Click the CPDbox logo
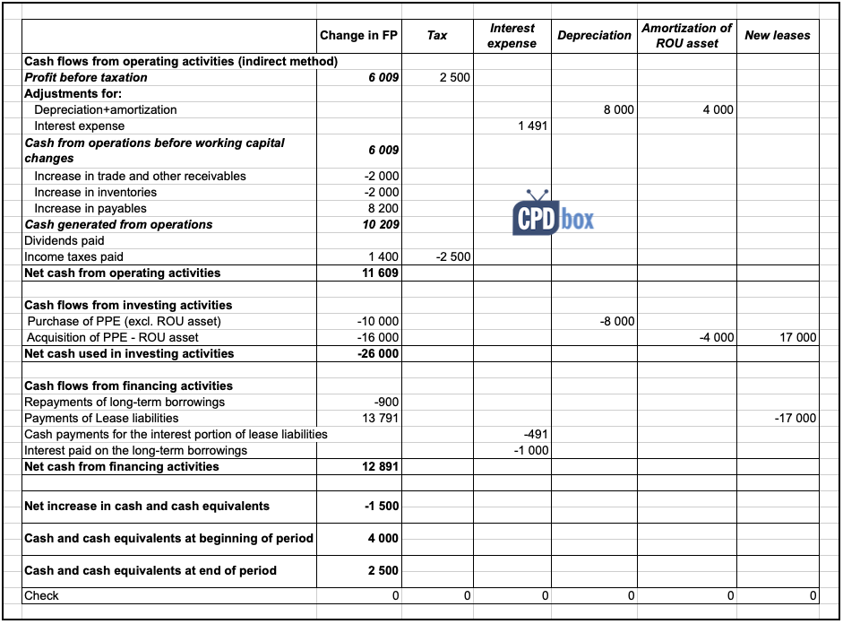[x=553, y=214]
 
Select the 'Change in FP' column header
[x=358, y=36]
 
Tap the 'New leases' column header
[x=777, y=36]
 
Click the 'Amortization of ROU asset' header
[x=686, y=36]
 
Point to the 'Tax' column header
[x=437, y=36]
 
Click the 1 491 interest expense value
[x=533, y=126]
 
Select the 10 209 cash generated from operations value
[x=383, y=225]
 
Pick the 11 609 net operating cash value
[x=381, y=273]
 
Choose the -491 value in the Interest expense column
[x=536, y=435]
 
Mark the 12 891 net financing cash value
[x=381, y=467]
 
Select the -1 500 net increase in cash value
[x=383, y=507]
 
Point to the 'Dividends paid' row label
[x=65, y=241]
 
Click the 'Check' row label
[x=42, y=596]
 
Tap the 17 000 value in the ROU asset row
[x=798, y=338]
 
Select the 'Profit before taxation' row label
[x=86, y=78]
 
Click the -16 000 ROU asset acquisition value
[x=378, y=338]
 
